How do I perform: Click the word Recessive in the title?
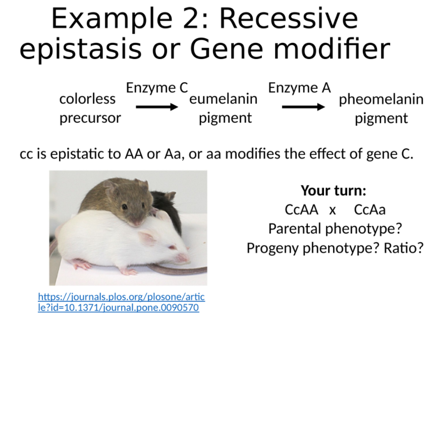pyautogui.click(x=288, y=19)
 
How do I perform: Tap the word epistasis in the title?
pyautogui.click(x=80, y=49)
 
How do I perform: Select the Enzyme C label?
pyautogui.click(x=157, y=88)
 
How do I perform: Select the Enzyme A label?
pyautogui.click(x=299, y=88)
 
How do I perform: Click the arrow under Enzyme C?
pyautogui.click(x=157, y=106)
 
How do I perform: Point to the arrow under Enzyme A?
pyautogui.click(x=303, y=106)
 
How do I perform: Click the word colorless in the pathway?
pyautogui.click(x=87, y=99)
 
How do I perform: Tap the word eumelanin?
pyautogui.click(x=223, y=99)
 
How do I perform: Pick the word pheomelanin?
pyautogui.click(x=381, y=99)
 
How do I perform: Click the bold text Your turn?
pyautogui.click(x=334, y=191)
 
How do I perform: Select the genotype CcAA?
pyautogui.click(x=301, y=209)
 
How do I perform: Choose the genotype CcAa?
pyautogui.click(x=370, y=209)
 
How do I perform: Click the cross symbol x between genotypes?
pyautogui.click(x=332, y=210)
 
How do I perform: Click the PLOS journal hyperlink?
pyautogui.click(x=121, y=302)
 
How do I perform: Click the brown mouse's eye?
pyautogui.click(x=124, y=207)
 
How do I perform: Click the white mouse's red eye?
pyautogui.click(x=172, y=247)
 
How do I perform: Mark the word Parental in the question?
pyautogui.click(x=295, y=229)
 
